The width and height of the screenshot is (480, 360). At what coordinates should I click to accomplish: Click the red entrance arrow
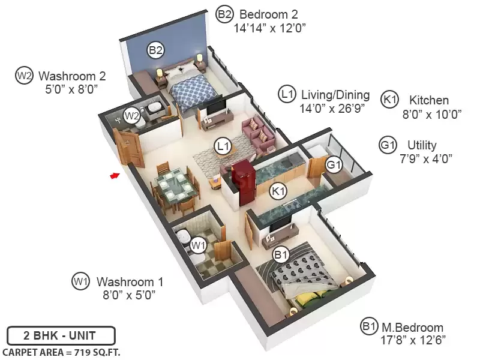pos(115,175)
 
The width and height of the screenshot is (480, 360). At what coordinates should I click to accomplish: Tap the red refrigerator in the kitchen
pos(244,184)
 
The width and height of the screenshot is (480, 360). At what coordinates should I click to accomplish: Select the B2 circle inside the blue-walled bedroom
pos(155,50)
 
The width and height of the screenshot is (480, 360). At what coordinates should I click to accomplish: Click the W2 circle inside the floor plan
pos(132,116)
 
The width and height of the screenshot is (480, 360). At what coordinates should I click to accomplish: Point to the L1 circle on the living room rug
pos(223,146)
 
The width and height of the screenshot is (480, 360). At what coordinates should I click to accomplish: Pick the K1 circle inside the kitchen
pos(278,191)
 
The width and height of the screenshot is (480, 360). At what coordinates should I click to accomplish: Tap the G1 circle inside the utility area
pos(334,164)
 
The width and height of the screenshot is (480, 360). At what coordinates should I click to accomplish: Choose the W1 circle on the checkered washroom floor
pos(199,245)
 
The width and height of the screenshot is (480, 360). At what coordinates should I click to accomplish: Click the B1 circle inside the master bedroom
pos(281,254)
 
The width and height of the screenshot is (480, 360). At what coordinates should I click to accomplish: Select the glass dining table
pos(173,187)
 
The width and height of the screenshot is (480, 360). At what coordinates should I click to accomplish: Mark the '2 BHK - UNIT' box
pos(61,335)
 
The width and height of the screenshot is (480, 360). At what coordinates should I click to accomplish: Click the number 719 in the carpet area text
pos(85,352)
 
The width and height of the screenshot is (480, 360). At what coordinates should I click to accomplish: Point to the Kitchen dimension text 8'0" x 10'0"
pos(431,115)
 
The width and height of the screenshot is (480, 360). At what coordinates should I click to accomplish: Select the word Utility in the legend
pos(422,145)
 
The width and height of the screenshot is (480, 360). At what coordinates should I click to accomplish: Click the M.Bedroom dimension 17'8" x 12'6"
pos(413,340)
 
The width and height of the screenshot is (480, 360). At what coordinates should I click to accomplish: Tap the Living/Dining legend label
pos(335,95)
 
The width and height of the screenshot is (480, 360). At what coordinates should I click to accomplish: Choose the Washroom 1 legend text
pos(130,281)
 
